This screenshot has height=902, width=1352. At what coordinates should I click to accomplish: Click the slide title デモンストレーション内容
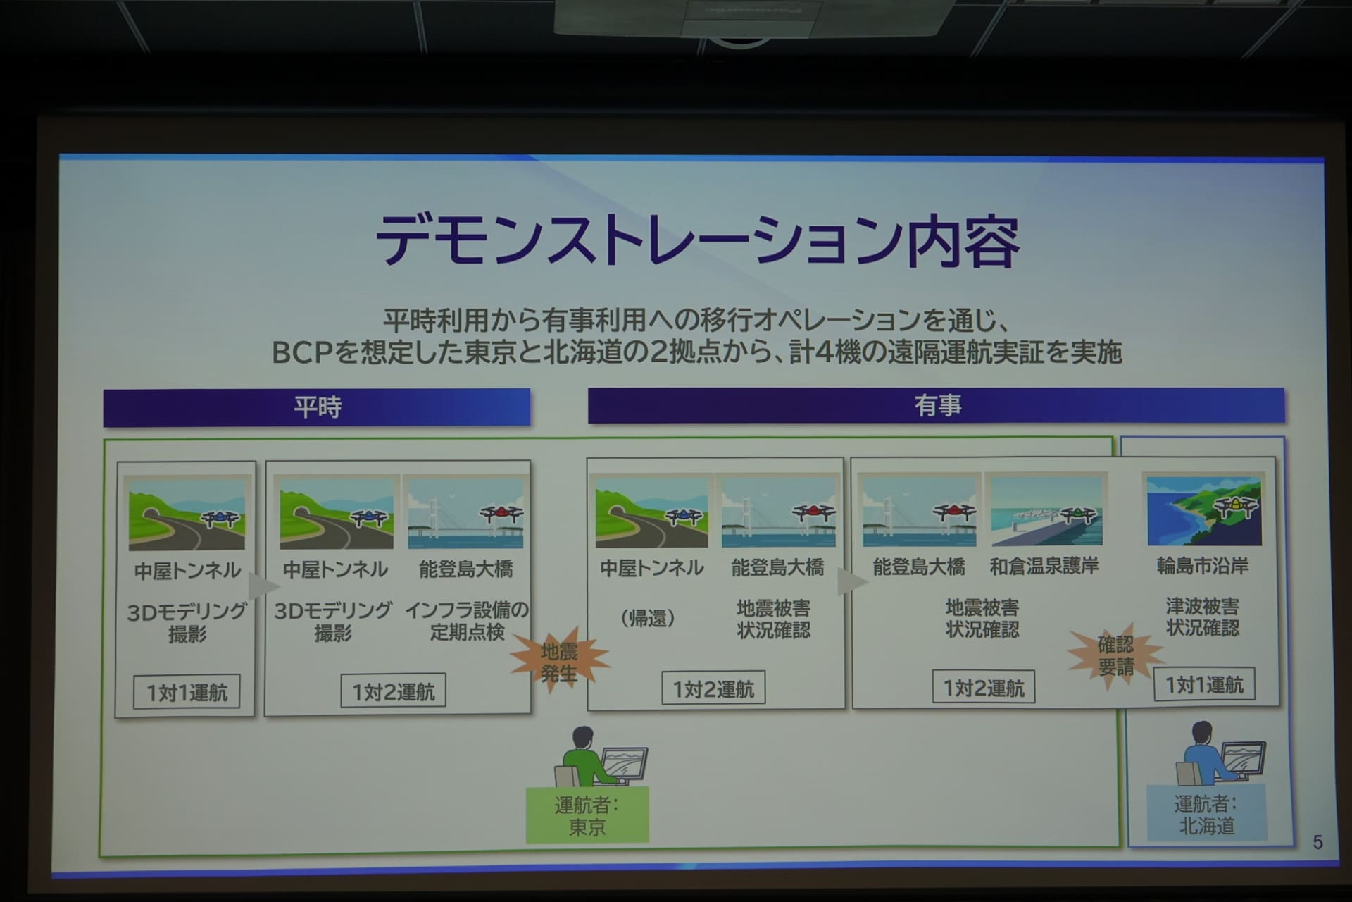coord(697,241)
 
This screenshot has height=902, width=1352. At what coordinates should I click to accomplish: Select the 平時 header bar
coord(317,407)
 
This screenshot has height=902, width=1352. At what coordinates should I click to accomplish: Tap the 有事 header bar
coord(937,405)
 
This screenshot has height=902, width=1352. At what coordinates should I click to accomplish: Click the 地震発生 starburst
coord(559,661)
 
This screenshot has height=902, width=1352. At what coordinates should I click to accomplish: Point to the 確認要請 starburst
coord(1115,655)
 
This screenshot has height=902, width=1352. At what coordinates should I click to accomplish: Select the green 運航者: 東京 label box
coord(587,815)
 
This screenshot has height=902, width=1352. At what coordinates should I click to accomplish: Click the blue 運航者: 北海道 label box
coord(1206,814)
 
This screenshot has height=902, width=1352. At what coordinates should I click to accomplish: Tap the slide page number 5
coord(1317,842)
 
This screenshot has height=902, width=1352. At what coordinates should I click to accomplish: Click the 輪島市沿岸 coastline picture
coord(1204,511)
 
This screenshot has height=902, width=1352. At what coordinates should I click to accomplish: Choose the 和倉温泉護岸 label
coord(1044,566)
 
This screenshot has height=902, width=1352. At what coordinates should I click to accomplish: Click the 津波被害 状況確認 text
coord(1202,617)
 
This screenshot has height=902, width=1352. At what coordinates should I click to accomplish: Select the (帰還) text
coord(648,619)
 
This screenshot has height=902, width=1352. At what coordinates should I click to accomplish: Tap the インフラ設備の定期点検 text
coord(466,621)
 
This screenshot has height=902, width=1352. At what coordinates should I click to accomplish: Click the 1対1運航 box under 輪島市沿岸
coord(1204,684)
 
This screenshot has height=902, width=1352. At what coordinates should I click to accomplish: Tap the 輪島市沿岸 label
coord(1202,566)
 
